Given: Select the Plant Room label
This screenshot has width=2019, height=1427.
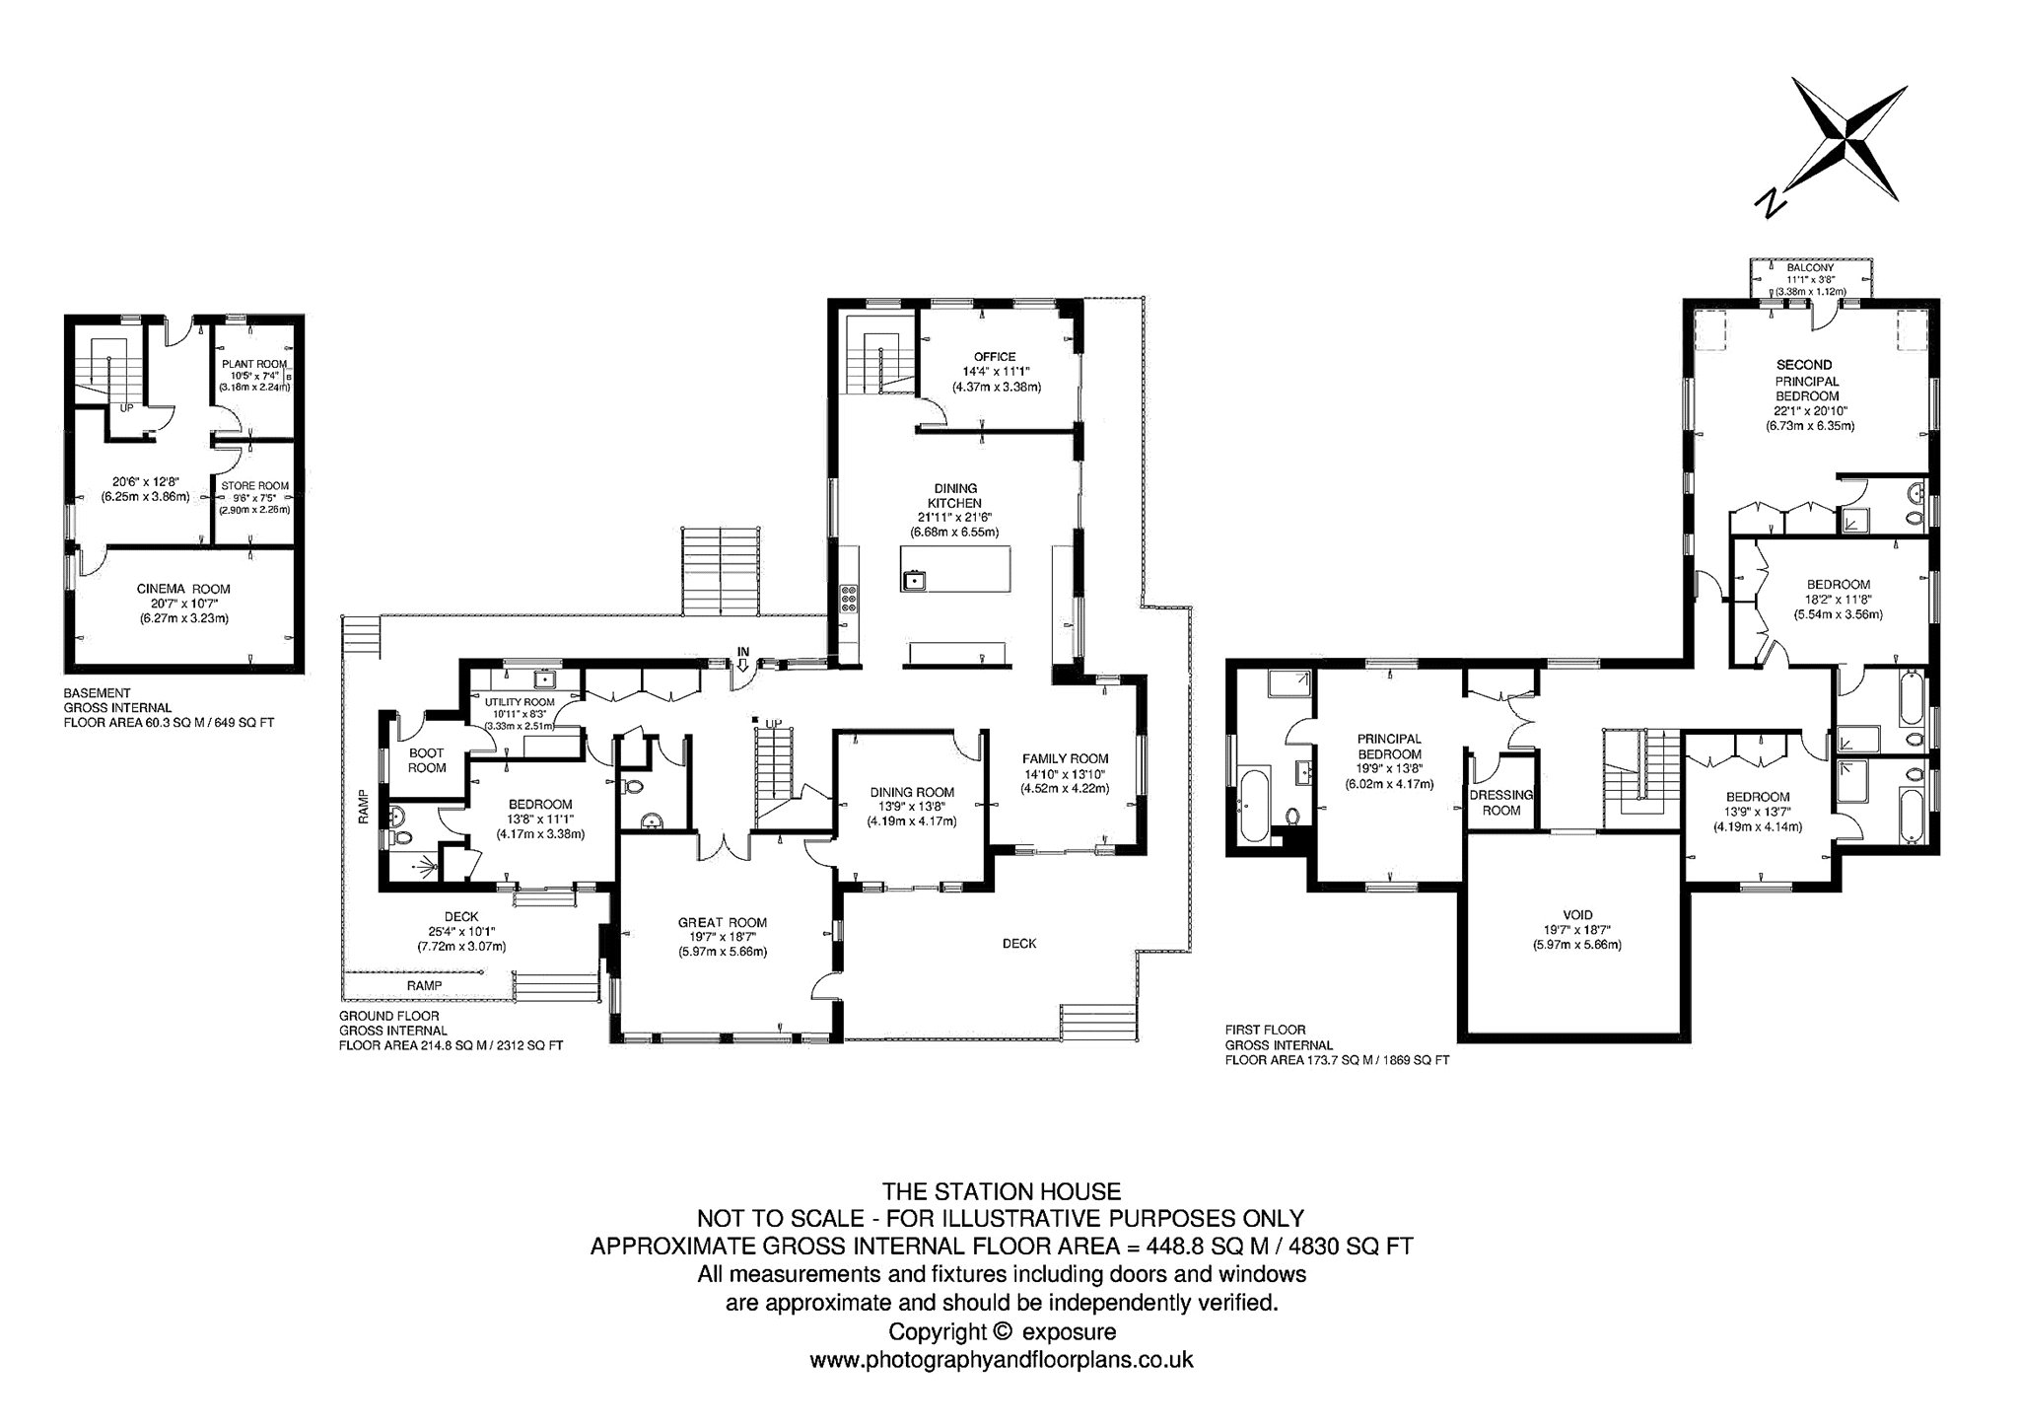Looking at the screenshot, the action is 254,364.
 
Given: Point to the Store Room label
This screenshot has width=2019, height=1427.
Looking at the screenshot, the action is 255,485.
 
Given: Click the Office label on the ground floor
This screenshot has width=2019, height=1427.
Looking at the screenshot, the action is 996,357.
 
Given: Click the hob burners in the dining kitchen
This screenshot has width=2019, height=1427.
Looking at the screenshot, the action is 848,601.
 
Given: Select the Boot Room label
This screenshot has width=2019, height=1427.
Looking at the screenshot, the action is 427,760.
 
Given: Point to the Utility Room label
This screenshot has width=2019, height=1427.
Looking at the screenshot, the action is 520,702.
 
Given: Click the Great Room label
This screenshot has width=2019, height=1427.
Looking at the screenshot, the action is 723,923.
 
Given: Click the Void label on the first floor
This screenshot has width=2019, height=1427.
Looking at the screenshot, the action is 1577,915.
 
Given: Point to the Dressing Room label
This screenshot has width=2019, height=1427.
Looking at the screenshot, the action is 1501,802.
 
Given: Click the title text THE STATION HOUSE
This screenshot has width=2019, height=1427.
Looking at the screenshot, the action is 1002,1190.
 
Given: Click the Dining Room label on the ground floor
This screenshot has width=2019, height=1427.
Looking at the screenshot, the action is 912,792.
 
